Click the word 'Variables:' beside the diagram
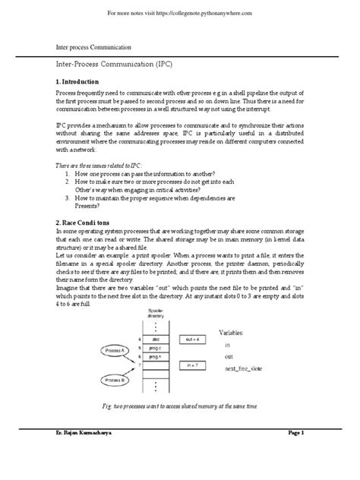pyautogui.click(x=238, y=333)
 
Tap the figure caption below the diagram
pyautogui.click(x=181, y=407)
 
